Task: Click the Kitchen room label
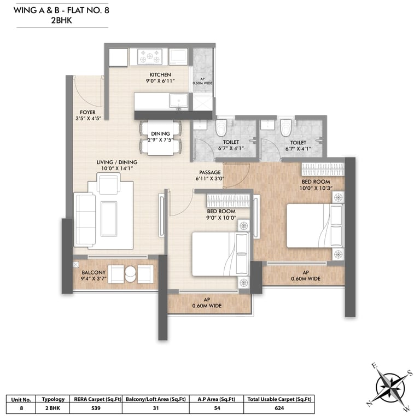160,75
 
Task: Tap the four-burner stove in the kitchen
150,56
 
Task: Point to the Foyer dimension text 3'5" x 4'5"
88,118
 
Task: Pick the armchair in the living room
108,183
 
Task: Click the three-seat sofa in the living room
85,220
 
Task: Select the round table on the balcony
131,274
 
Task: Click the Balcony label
94,272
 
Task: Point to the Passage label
210,172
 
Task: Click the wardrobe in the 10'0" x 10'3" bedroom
323,170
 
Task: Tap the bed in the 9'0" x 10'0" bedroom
220,254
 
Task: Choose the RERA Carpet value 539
96,408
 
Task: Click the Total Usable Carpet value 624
279,408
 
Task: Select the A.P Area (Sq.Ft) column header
217,399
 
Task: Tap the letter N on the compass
369,404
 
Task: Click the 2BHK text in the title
62,21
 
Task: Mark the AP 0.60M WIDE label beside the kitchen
202,81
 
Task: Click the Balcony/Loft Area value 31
156,408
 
